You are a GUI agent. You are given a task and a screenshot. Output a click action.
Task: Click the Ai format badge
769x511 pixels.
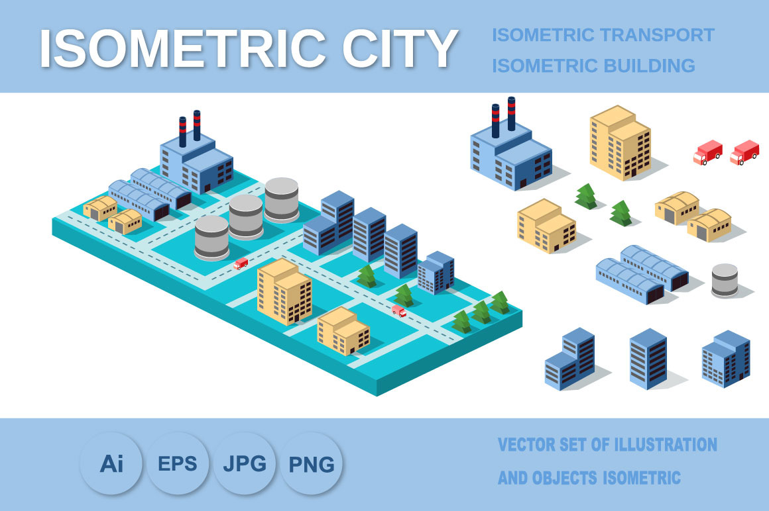coord(111,463)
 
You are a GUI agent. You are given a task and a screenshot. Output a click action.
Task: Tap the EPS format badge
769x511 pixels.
coord(178,463)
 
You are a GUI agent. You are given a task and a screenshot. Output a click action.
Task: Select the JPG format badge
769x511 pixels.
coord(244,463)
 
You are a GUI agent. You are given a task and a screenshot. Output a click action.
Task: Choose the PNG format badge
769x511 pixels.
coord(311,463)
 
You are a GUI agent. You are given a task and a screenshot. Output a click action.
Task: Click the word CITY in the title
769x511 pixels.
coord(400,48)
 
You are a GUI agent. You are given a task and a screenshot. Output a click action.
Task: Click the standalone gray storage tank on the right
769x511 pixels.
coord(725,281)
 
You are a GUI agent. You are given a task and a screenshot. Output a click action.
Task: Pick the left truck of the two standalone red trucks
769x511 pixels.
coord(708,152)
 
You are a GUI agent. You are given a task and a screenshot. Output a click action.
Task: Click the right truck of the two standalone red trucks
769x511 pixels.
coord(744,152)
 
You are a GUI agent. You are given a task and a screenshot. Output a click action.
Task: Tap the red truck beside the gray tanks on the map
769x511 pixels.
coord(241,264)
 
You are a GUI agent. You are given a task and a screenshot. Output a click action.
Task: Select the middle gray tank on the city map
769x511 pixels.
coord(246,216)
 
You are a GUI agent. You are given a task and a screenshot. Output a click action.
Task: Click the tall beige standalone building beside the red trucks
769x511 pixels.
coord(621,142)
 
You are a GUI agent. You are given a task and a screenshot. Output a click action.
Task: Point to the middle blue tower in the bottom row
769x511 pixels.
coord(648,359)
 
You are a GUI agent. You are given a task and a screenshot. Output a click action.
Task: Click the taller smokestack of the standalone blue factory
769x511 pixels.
coord(512,114)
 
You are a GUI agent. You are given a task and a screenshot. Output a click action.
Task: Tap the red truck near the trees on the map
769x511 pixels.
coord(398,311)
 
